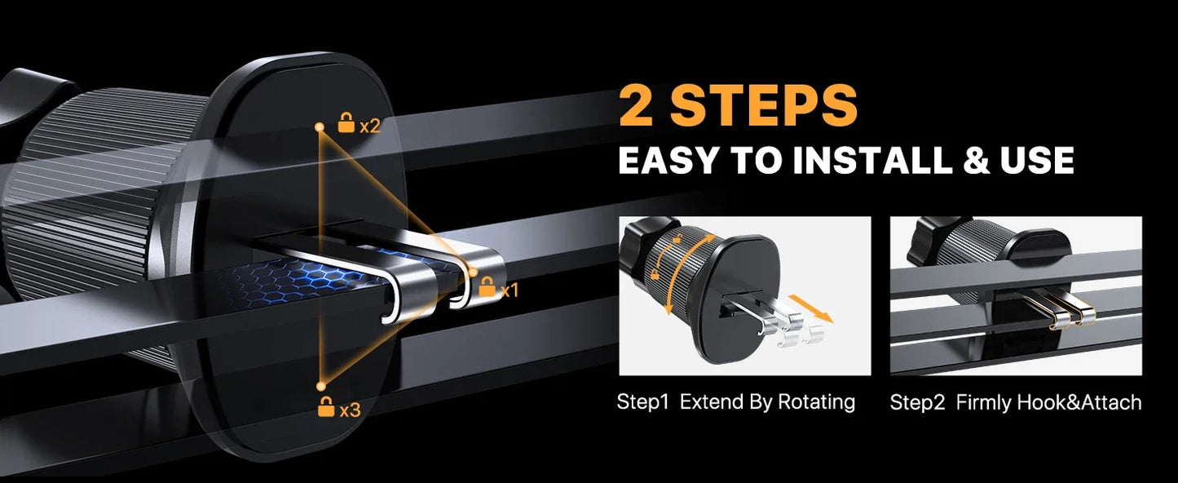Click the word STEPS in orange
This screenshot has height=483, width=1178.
[x=761, y=105]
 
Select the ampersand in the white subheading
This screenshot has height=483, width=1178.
[x=977, y=161]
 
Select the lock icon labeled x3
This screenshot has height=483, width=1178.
[x=326, y=407]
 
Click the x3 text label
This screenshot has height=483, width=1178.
[x=350, y=410]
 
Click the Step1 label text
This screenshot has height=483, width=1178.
[x=642, y=401]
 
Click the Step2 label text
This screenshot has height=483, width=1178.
[x=917, y=402]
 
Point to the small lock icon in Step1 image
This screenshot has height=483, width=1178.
[x=655, y=275]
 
